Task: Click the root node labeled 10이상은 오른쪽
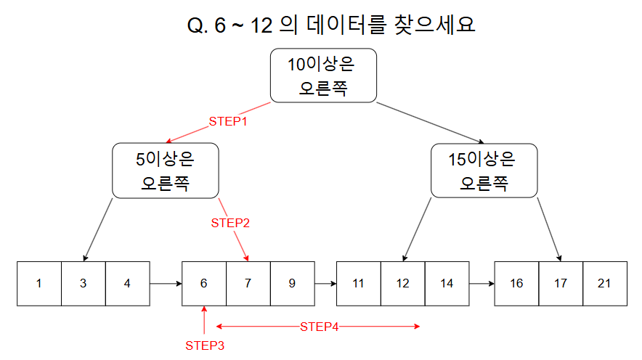click(323, 75)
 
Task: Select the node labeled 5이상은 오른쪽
click(166, 171)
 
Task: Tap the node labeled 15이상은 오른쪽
click(484, 171)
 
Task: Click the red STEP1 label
click(228, 121)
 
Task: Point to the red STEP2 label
click(230, 223)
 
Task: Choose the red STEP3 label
click(205, 345)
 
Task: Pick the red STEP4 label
click(320, 327)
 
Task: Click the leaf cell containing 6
click(204, 284)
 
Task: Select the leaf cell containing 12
click(403, 284)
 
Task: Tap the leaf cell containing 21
click(605, 284)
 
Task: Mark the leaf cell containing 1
click(39, 284)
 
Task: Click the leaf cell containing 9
click(293, 284)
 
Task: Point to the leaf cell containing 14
click(447, 284)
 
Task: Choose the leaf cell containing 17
click(561, 284)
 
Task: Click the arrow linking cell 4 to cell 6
click(166, 284)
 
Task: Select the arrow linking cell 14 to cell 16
click(482, 284)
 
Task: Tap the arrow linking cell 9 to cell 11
click(325, 284)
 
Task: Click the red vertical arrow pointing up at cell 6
click(204, 320)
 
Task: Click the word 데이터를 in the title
click(346, 25)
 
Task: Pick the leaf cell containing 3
click(84, 284)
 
